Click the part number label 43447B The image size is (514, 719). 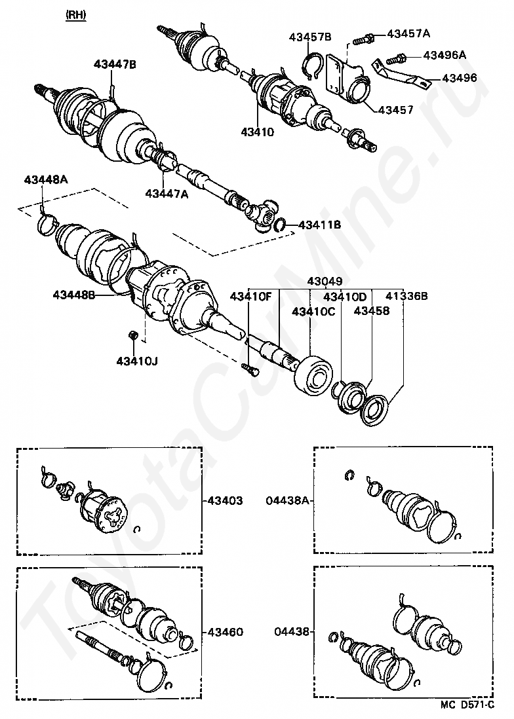tap(115, 64)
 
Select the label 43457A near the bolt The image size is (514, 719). tap(408, 33)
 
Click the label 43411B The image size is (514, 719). tap(320, 225)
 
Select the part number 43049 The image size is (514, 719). tap(325, 282)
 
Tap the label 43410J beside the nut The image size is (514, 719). tap(138, 361)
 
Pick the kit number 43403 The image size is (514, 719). tap(226, 501)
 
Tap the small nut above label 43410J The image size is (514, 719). tap(132, 336)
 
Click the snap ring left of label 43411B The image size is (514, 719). tap(279, 225)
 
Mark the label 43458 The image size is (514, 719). tap(372, 311)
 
